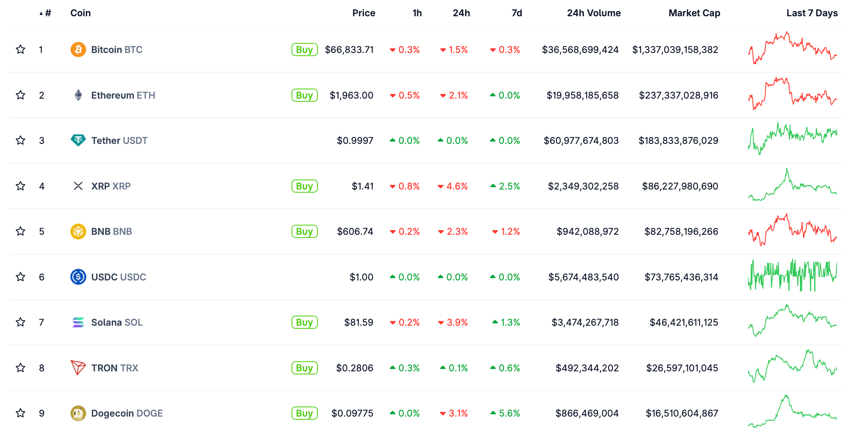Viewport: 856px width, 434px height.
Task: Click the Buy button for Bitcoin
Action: [304, 50]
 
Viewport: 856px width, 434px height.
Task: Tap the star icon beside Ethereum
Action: [20, 95]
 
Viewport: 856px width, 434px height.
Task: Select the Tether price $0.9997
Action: [355, 140]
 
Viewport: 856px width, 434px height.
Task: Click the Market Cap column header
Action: [694, 13]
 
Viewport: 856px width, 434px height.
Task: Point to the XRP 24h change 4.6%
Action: [453, 186]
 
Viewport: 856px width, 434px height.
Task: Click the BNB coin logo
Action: [78, 231]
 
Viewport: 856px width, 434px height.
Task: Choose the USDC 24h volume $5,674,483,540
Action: [583, 277]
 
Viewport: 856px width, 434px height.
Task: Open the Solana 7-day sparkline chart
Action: [792, 321]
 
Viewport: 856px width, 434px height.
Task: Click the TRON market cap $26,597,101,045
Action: [682, 368]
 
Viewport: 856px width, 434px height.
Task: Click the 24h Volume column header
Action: [593, 13]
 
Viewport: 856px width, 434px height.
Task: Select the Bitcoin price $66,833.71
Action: [349, 50]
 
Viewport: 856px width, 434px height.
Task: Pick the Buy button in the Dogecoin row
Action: [304, 413]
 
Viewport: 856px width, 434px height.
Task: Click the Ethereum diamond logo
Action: [78, 95]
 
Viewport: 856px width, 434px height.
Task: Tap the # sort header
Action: [46, 13]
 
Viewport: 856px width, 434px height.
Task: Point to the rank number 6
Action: [42, 277]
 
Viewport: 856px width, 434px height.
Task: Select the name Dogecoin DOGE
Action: [127, 413]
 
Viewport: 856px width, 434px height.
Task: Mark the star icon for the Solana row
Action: [20, 322]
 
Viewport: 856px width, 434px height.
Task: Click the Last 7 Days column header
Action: [812, 13]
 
